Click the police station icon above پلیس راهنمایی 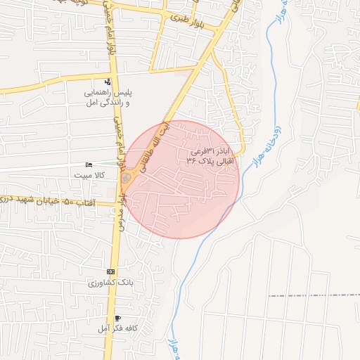108,82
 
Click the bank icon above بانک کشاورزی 110,271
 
